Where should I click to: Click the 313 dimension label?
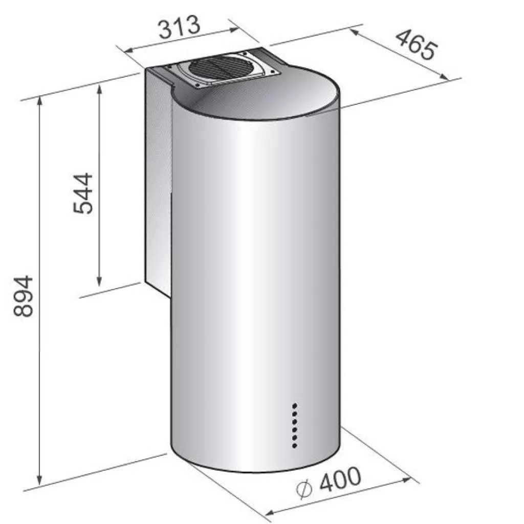(x=180, y=26)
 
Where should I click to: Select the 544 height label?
(x=83, y=193)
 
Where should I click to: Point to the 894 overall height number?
(x=23, y=296)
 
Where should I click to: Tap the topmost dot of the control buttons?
(x=295, y=406)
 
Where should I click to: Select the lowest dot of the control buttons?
(x=295, y=446)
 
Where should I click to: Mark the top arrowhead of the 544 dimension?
(x=99, y=89)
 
